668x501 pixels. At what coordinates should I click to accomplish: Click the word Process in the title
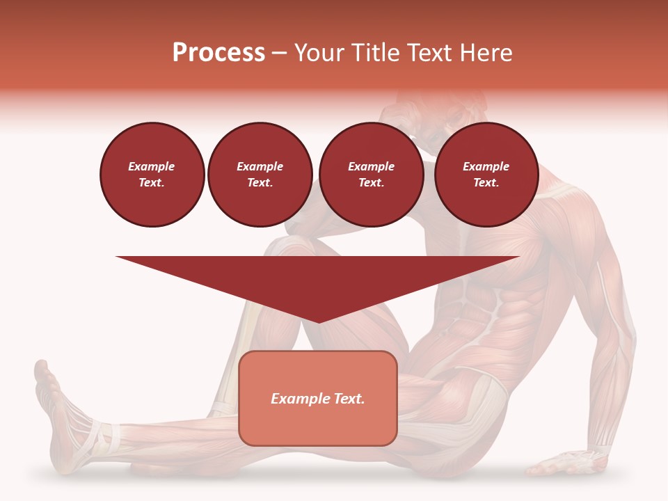pyautogui.click(x=218, y=53)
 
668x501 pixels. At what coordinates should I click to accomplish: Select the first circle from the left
pyautogui.click(x=152, y=175)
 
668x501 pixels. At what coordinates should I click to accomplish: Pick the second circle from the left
pyautogui.click(x=260, y=175)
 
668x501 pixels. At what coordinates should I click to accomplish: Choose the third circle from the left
pyautogui.click(x=371, y=175)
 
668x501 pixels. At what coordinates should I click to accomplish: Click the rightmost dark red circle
pyautogui.click(x=486, y=175)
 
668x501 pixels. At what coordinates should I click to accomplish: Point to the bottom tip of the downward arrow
pyautogui.click(x=318, y=321)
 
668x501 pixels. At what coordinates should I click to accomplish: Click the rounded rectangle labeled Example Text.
pyautogui.click(x=318, y=398)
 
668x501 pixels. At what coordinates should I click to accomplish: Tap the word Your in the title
pyautogui.click(x=317, y=53)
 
